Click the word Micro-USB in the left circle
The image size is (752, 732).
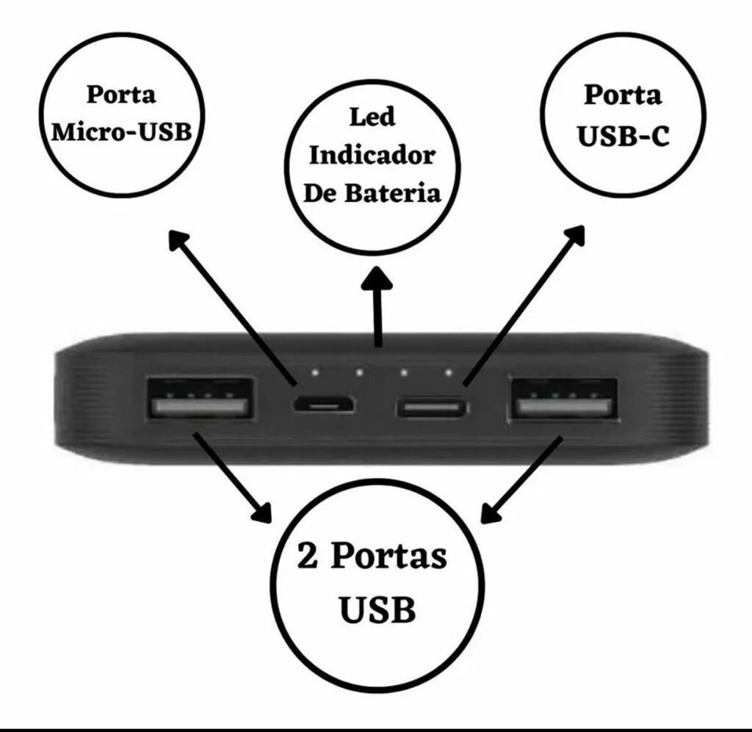point(121,132)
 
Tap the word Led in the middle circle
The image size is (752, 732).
point(372,117)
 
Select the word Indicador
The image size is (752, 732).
point(372,156)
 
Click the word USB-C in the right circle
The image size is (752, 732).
point(623,136)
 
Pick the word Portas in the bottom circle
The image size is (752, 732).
point(389,557)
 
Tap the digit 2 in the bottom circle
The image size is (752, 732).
point(308,556)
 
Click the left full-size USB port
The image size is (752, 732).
point(200,399)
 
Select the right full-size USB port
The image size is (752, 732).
point(563,400)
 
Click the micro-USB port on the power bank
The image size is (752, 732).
point(324,405)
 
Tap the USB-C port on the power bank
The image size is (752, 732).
point(433,407)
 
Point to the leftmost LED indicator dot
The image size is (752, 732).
point(315,372)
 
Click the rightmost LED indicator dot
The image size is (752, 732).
point(449,372)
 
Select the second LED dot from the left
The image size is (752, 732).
point(359,372)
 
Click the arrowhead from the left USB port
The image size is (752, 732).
point(262,512)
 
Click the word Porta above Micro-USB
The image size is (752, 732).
point(121,95)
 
